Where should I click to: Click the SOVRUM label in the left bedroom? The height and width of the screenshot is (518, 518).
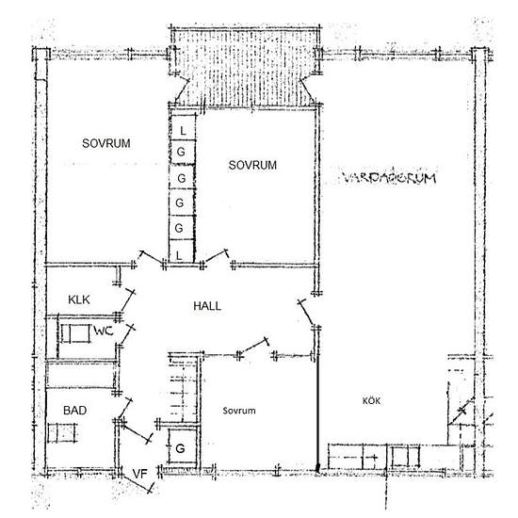pyautogui.click(x=105, y=143)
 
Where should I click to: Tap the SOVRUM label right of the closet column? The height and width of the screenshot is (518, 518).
pyautogui.click(x=252, y=165)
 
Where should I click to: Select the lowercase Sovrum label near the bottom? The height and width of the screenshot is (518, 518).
pyautogui.click(x=240, y=412)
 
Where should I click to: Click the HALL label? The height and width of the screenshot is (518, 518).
pyautogui.click(x=207, y=306)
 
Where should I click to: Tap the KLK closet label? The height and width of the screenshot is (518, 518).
pyautogui.click(x=78, y=299)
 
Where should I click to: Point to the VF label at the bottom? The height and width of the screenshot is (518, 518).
pyautogui.click(x=139, y=473)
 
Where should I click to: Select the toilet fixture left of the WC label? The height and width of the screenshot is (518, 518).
pyautogui.click(x=73, y=334)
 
